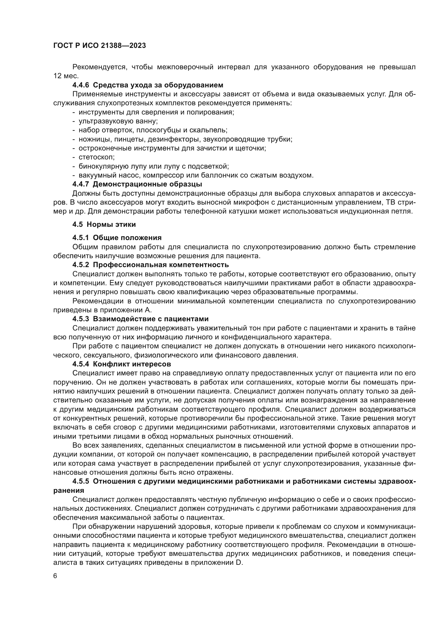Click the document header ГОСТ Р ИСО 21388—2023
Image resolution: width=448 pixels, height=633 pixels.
click(x=100, y=46)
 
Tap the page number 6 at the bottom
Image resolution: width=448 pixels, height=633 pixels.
click(x=56, y=576)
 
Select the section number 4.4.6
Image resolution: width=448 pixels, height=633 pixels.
click(x=80, y=85)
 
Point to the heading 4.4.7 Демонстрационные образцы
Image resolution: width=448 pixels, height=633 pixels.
click(x=137, y=184)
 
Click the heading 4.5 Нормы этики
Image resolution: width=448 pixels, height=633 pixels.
click(x=104, y=224)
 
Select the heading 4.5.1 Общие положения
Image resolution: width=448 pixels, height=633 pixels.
click(x=117, y=238)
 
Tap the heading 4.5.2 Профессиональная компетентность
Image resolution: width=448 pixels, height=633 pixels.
click(x=150, y=265)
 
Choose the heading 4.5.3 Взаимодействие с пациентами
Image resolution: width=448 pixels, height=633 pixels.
click(x=140, y=319)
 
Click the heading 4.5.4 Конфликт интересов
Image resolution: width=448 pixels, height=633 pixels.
click(x=122, y=364)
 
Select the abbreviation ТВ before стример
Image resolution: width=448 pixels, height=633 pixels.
click(x=389, y=202)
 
